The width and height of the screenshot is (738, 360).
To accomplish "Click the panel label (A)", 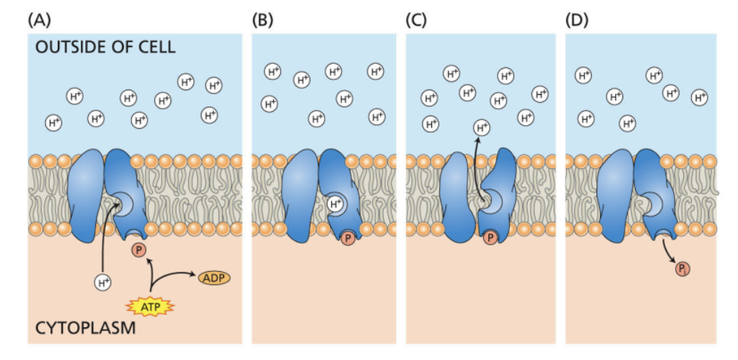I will point(41,19).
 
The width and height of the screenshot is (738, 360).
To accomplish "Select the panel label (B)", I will point(263,19).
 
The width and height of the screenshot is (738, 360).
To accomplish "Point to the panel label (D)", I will point(577,19).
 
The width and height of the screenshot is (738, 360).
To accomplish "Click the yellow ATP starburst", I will point(150,304).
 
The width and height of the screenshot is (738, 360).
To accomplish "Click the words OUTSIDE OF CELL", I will point(105,47).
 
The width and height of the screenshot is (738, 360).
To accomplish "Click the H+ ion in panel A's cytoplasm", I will point(104,281).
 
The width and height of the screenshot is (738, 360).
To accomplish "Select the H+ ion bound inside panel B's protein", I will point(336,203).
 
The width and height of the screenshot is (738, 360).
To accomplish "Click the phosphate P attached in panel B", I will point(348,239).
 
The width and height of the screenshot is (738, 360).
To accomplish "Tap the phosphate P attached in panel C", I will point(490,239).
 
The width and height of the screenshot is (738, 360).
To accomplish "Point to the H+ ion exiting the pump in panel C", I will point(482,127).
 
